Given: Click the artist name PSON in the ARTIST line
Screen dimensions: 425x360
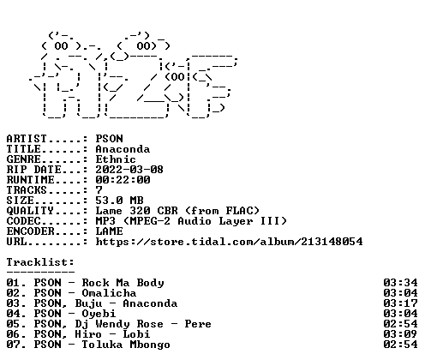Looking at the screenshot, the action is pyautogui.click(x=110, y=139).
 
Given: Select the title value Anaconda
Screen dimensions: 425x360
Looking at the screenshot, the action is pyautogui.click(x=123, y=149).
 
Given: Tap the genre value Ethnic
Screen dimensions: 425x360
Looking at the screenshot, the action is pyautogui.click(x=116, y=159).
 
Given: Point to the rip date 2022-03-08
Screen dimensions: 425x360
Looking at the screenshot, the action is pyautogui.click(x=129, y=170).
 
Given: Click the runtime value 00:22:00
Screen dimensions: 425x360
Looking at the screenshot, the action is pyautogui.click(x=123, y=180).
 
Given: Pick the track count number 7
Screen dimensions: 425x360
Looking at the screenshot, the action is pyautogui.click(x=99, y=190).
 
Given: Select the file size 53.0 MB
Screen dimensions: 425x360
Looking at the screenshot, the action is pyautogui.click(x=119, y=201).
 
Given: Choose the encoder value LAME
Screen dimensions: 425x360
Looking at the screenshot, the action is pyautogui.click(x=110, y=231).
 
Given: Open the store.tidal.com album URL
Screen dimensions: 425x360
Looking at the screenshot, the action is pyautogui.click(x=229, y=242).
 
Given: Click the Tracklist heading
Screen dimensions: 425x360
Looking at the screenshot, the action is pyautogui.click(x=40, y=262).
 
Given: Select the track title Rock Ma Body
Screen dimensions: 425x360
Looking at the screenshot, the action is pyautogui.click(x=123, y=283).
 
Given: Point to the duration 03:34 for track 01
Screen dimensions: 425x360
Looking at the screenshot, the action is pyautogui.click(x=400, y=283).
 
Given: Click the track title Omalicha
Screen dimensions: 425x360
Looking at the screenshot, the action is pyautogui.click(x=109, y=293).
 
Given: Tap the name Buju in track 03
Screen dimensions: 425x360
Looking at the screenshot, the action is pyautogui.click(x=88, y=303).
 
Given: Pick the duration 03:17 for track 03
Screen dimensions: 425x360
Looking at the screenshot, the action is pyautogui.click(x=400, y=303).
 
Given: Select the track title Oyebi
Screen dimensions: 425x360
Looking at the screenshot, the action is pyautogui.click(x=99, y=314).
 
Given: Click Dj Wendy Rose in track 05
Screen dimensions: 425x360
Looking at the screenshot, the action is pyautogui.click(x=119, y=324).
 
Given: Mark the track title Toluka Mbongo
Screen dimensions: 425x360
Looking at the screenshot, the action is pyautogui.click(x=126, y=345).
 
